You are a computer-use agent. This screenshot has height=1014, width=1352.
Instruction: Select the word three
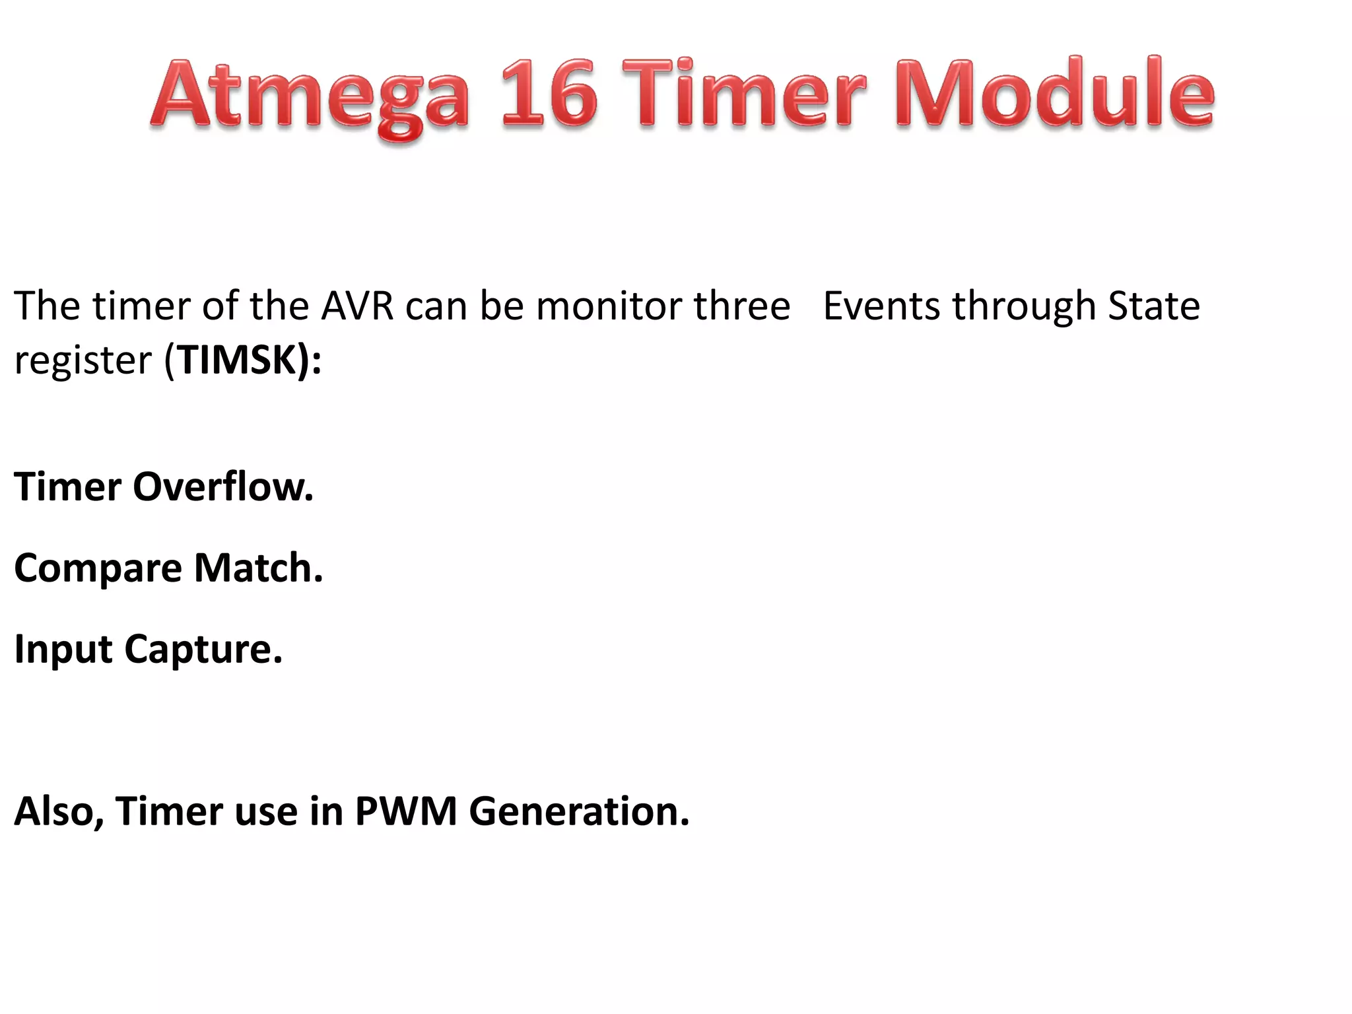tap(741, 306)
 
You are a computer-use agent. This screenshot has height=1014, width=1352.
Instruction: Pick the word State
tap(1153, 306)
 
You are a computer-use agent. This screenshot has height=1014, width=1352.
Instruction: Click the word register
tap(83, 362)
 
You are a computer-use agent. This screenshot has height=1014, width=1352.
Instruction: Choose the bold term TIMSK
tap(237, 360)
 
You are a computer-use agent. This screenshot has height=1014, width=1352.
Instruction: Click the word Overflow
tap(223, 487)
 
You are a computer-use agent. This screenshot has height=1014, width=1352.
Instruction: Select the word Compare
tap(98, 569)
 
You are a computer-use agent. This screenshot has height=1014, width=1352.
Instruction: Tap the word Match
tap(258, 568)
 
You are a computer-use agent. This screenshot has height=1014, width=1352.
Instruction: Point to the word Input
tap(63, 650)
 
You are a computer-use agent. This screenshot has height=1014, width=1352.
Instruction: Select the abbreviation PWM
tap(406, 811)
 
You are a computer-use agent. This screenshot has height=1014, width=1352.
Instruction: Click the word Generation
tap(579, 811)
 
